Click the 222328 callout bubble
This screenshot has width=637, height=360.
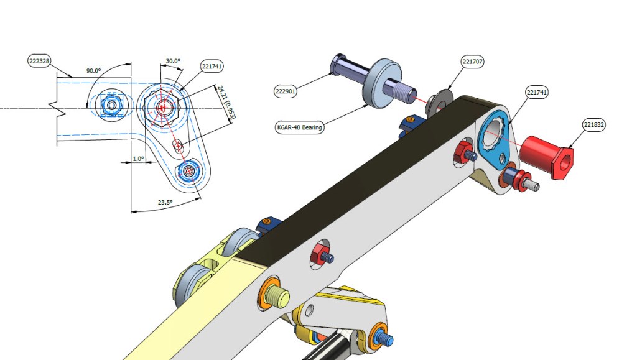[39, 61]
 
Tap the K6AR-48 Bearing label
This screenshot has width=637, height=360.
[299, 127]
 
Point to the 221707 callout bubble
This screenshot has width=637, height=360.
[473, 62]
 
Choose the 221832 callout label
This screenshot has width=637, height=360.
[594, 125]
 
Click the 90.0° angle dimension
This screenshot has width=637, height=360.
[94, 71]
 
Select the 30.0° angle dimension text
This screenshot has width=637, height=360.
[173, 62]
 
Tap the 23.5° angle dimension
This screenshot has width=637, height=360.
[165, 203]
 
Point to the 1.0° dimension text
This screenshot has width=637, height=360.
[137, 159]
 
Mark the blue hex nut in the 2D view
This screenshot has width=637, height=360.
[111, 105]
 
